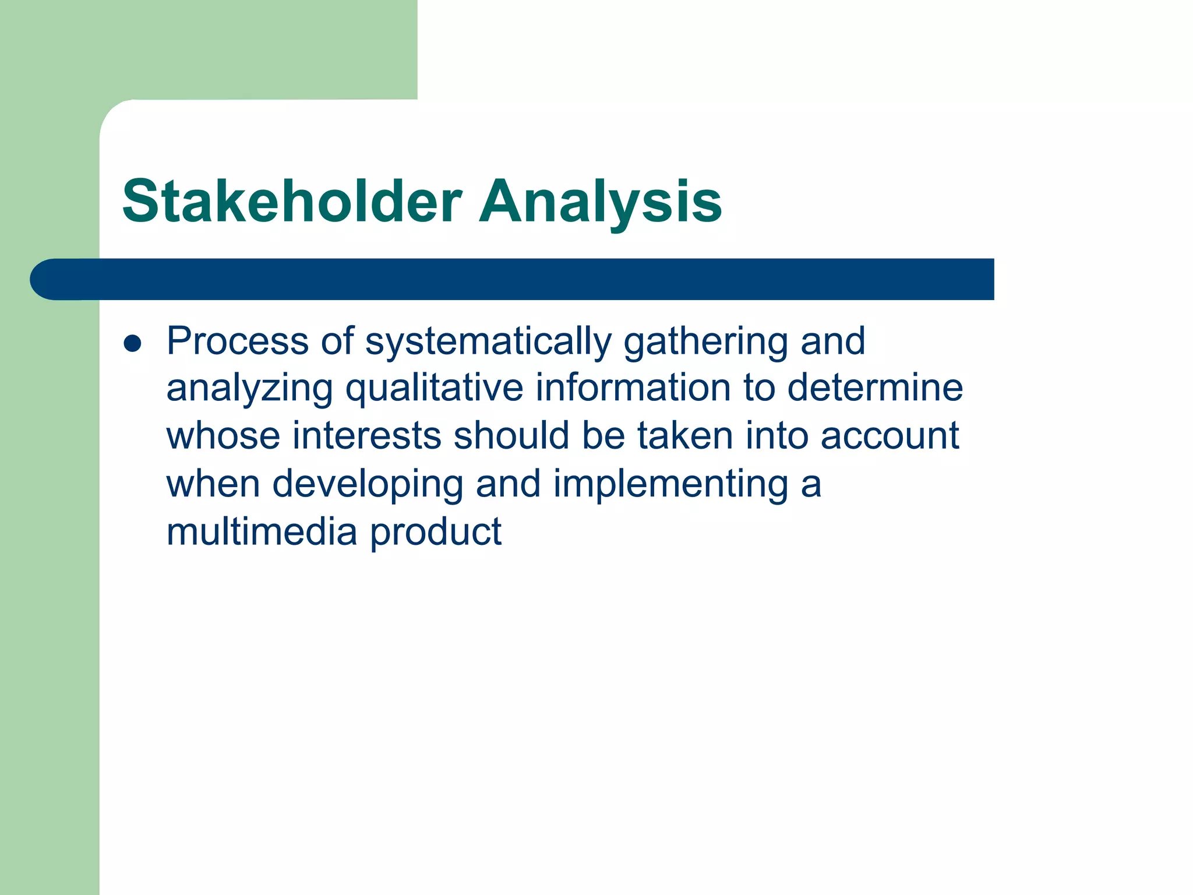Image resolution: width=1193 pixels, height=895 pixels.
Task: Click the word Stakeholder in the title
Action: click(x=292, y=202)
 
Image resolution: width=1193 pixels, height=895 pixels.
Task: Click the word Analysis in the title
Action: click(x=600, y=202)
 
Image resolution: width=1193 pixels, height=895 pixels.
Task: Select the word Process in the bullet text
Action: click(x=238, y=341)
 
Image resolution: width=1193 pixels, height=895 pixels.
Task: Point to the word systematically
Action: click(x=488, y=342)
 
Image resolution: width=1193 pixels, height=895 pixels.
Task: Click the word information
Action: click(x=633, y=389)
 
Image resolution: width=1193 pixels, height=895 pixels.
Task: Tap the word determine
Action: click(x=875, y=389)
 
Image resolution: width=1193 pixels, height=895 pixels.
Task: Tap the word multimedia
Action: click(x=262, y=532)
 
